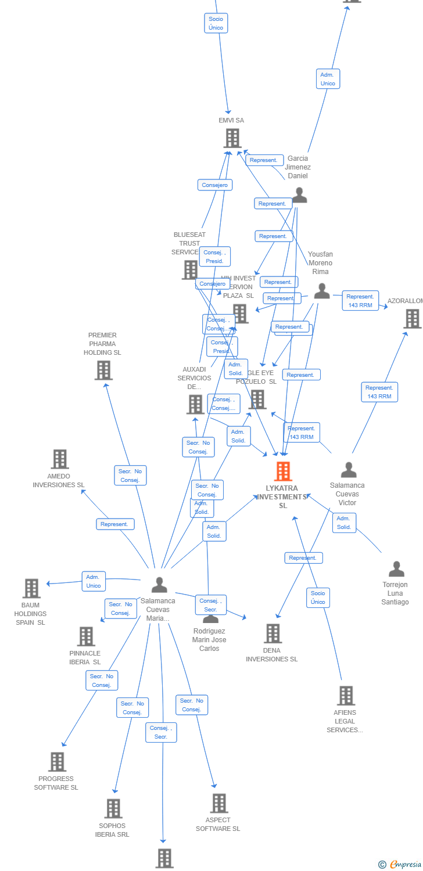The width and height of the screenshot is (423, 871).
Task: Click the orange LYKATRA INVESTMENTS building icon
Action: tap(283, 472)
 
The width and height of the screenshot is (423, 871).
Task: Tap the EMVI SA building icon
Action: tap(232, 138)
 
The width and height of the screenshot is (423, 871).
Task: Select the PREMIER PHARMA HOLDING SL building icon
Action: tap(103, 370)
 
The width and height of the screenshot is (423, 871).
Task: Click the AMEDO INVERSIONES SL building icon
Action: tap(59, 459)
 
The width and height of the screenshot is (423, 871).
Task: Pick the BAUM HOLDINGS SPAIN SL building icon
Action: tap(31, 588)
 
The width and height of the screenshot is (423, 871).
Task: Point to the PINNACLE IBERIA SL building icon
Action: tap(86, 636)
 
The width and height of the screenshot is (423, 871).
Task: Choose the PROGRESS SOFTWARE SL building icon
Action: tap(57, 762)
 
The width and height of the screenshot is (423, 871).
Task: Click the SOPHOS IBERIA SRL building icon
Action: tap(113, 808)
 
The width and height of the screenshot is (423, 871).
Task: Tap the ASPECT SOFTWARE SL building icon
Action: tap(218, 803)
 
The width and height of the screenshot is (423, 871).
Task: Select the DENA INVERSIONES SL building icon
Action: tap(273, 634)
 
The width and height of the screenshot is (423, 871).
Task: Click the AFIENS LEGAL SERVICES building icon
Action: tap(346, 696)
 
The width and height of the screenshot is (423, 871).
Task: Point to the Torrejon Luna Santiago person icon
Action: tap(396, 569)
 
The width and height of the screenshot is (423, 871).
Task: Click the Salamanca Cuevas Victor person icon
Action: tap(349, 469)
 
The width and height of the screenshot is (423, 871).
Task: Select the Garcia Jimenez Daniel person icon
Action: tap(299, 195)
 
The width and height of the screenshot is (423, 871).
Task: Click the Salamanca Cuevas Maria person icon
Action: tap(159, 585)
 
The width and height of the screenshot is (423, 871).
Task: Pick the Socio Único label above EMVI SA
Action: tap(216, 23)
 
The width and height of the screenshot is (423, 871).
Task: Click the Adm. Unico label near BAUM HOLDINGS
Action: tap(94, 581)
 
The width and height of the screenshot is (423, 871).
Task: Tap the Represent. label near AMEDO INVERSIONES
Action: tap(114, 524)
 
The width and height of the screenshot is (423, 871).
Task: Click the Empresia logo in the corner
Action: tap(400, 865)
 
